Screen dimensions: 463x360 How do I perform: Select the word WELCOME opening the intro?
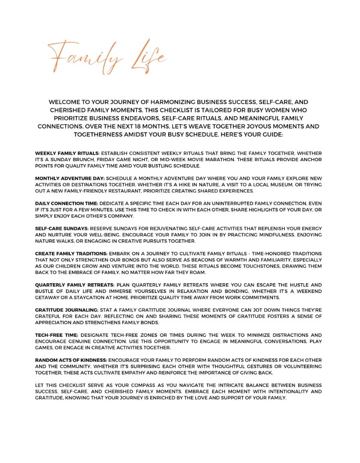coord(69,102)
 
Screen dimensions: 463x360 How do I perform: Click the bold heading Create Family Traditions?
coord(71,254)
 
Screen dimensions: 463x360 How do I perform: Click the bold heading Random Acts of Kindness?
coord(71,361)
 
